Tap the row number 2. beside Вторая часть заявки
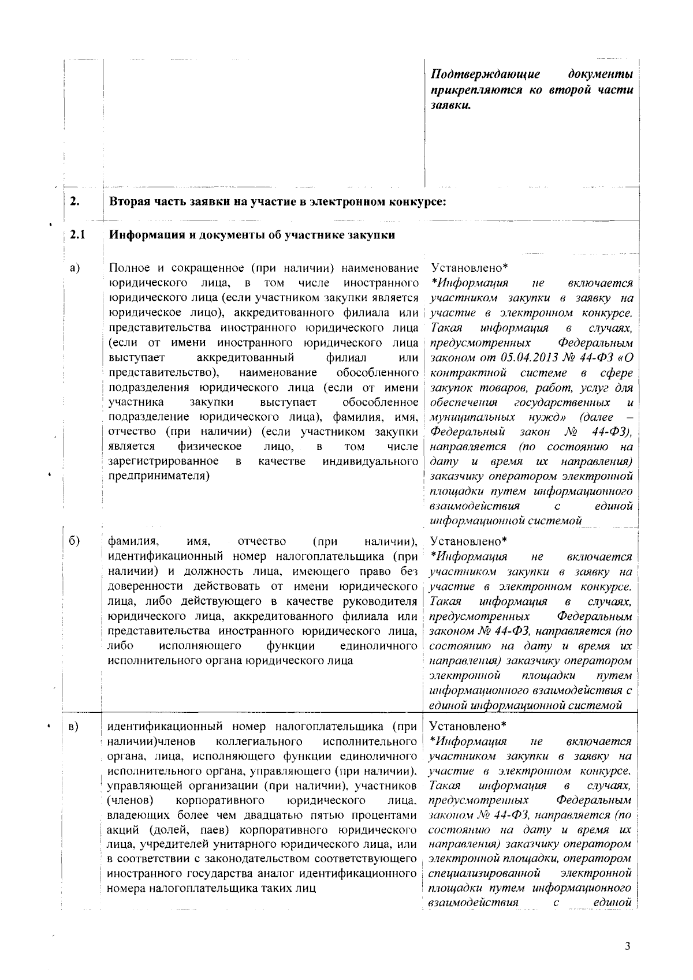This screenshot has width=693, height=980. (74, 202)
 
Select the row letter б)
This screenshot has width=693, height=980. (74, 541)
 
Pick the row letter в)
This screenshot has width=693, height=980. (74, 726)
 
